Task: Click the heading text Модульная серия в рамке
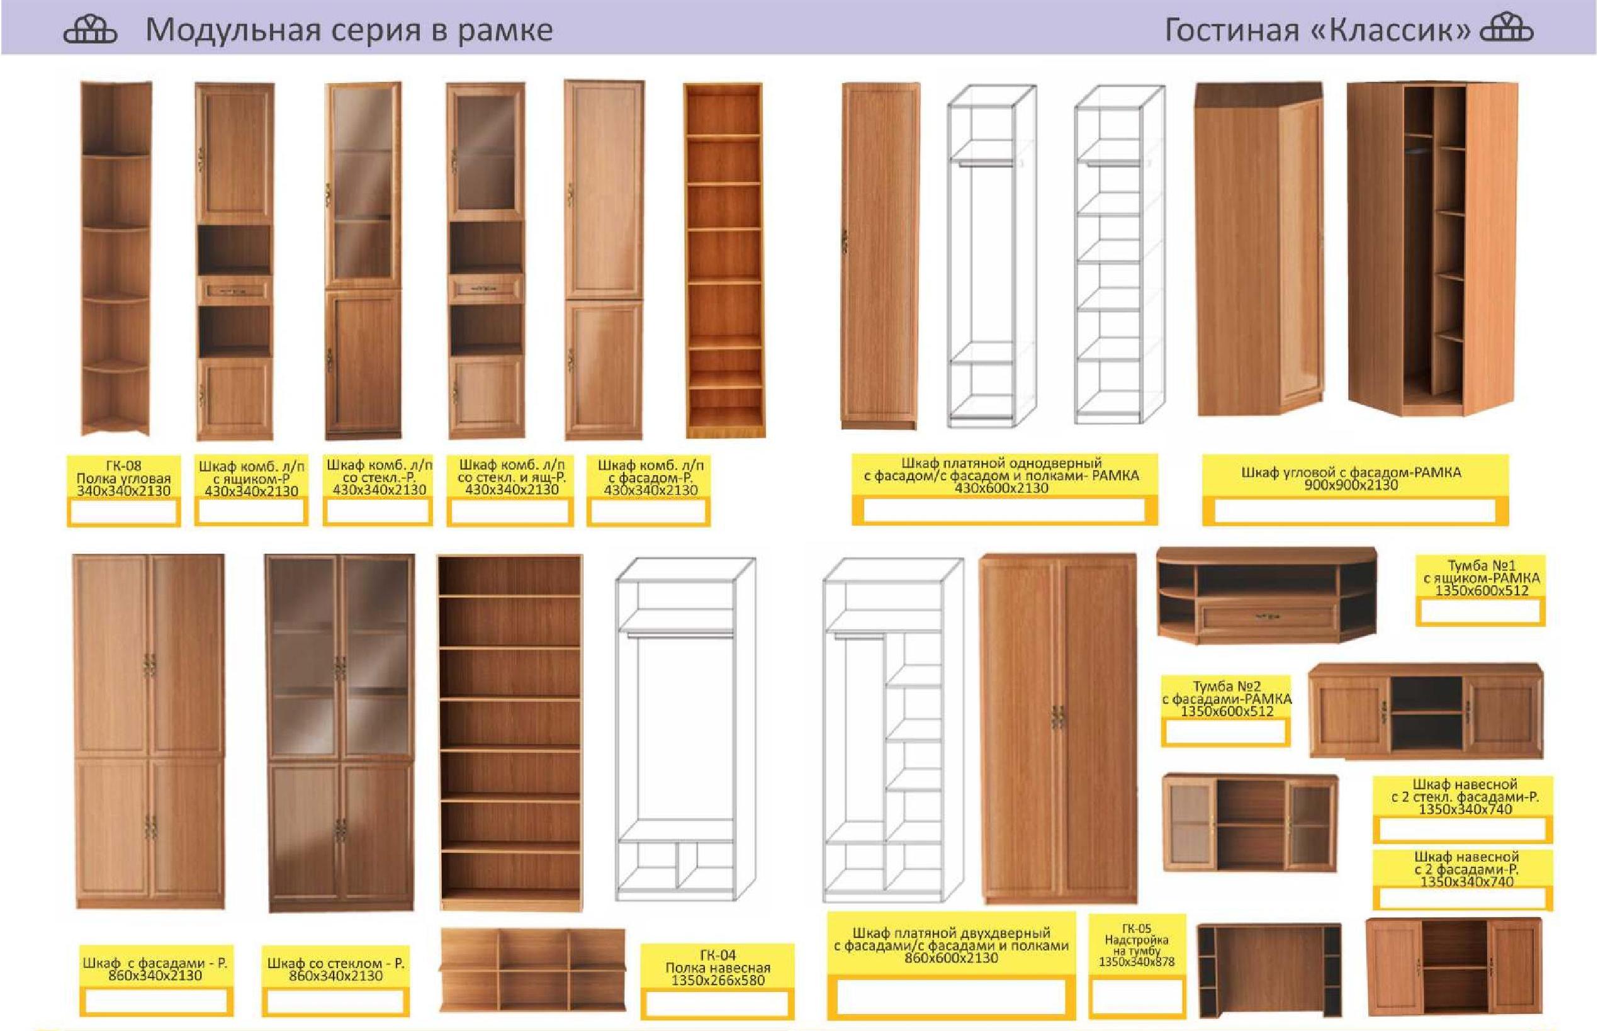click(x=349, y=30)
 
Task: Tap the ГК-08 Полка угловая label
click(x=123, y=478)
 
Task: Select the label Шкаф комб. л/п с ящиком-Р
click(x=251, y=478)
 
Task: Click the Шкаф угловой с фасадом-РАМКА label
click(x=1351, y=478)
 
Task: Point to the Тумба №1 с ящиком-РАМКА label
click(x=1481, y=578)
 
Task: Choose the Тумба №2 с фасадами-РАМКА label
click(x=1227, y=698)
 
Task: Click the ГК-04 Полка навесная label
click(x=717, y=967)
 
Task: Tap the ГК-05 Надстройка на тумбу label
click(x=1136, y=945)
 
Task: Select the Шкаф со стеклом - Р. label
click(x=335, y=969)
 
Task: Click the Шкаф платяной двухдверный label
click(x=950, y=932)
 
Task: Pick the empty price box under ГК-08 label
click(x=123, y=512)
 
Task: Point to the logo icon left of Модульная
click(x=90, y=30)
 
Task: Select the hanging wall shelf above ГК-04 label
click(x=532, y=969)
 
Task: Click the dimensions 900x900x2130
click(x=1351, y=485)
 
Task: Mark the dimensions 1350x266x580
click(x=717, y=980)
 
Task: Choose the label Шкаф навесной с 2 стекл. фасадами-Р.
click(x=1465, y=796)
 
